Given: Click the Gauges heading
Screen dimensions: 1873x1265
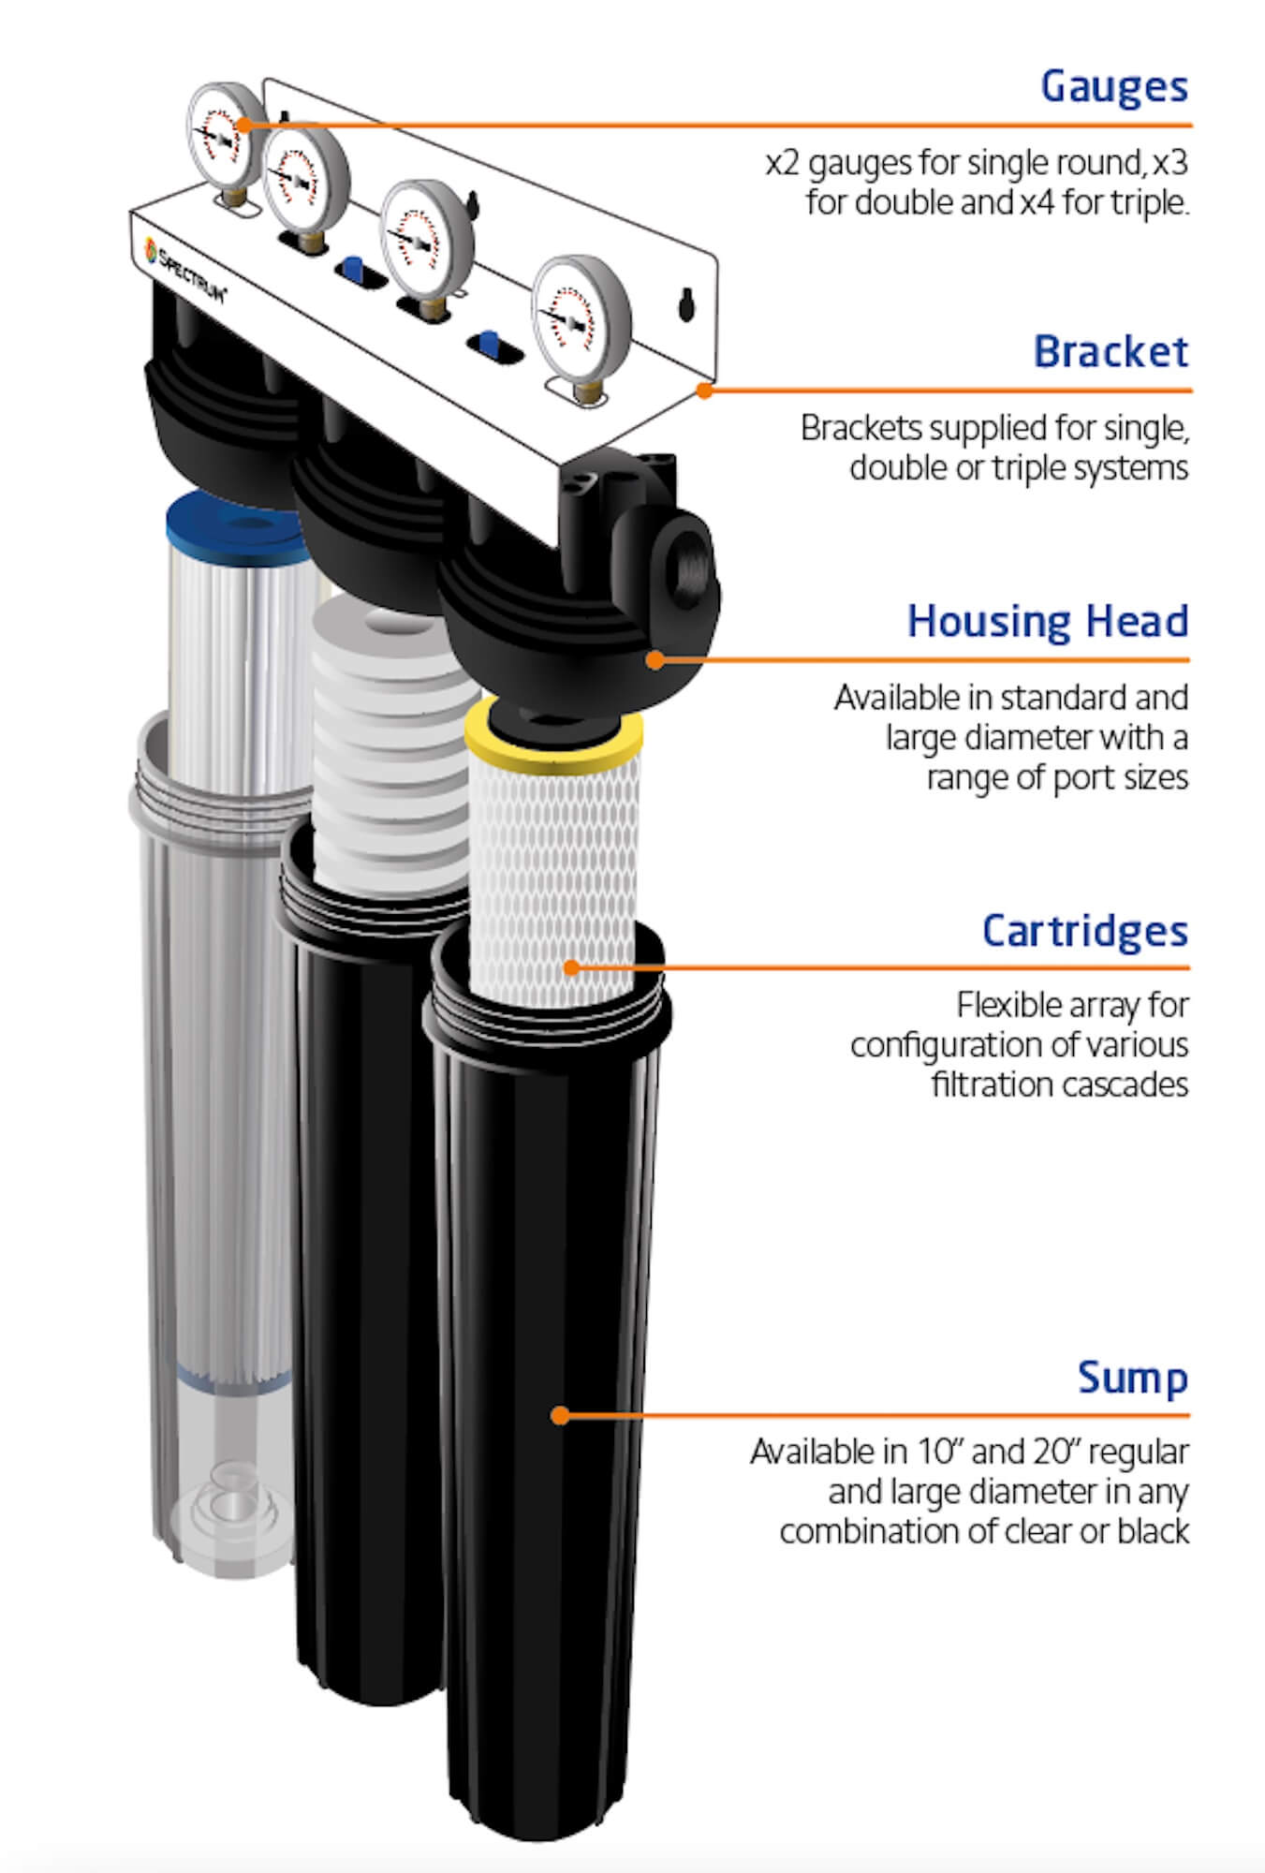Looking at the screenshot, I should [x=1113, y=87].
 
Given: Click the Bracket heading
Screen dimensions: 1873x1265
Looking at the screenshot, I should [x=1111, y=352].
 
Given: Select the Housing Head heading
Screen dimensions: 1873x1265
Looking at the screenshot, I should [x=1047, y=622].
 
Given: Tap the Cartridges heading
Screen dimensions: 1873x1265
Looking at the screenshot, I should [x=1084, y=931].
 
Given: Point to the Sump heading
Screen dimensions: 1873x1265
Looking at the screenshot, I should [x=1132, y=1378].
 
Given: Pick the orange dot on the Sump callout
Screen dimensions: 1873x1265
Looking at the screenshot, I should [x=560, y=1415].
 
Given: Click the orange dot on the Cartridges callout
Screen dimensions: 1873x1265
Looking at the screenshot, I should [x=572, y=967].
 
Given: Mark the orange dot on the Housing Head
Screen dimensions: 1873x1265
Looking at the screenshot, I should [x=655, y=659].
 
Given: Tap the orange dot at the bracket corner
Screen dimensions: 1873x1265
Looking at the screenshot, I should [x=705, y=390].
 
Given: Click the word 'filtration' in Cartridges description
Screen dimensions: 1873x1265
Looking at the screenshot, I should [x=990, y=1084].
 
